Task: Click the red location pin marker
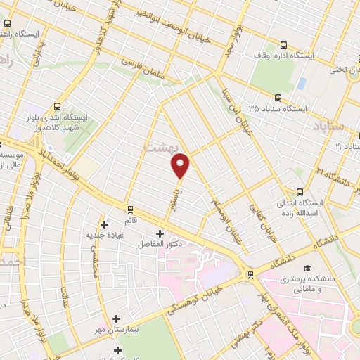(x=181, y=166)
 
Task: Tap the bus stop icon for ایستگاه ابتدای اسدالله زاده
(x=301, y=191)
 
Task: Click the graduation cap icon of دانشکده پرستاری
(x=307, y=269)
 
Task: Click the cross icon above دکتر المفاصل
(x=160, y=233)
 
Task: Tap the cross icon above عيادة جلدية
(x=105, y=225)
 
